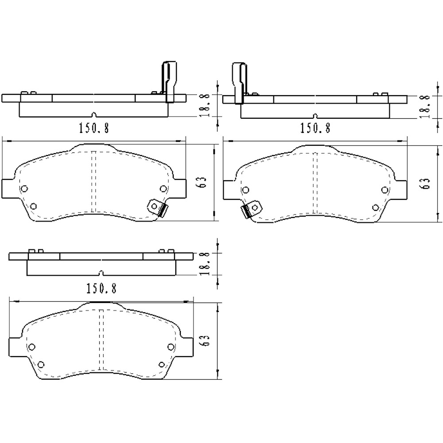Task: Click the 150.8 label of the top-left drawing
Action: tap(93, 128)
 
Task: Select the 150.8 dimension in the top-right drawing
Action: tap(315, 128)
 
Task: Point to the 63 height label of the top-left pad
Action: tap(203, 183)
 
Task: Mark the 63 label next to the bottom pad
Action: tap(205, 341)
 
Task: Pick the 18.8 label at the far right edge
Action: tap(425, 106)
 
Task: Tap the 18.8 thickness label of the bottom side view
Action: tap(205, 264)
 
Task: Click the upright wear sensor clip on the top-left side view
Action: tap(169, 82)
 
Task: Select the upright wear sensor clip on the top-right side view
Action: tap(239, 82)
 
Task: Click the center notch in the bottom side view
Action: tap(101, 272)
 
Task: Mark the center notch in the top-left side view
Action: tap(93, 114)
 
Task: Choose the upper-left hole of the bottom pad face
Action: tap(31, 347)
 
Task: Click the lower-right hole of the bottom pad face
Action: tap(161, 365)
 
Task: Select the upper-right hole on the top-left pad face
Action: tap(163, 189)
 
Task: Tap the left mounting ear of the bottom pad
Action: tap(15, 346)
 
